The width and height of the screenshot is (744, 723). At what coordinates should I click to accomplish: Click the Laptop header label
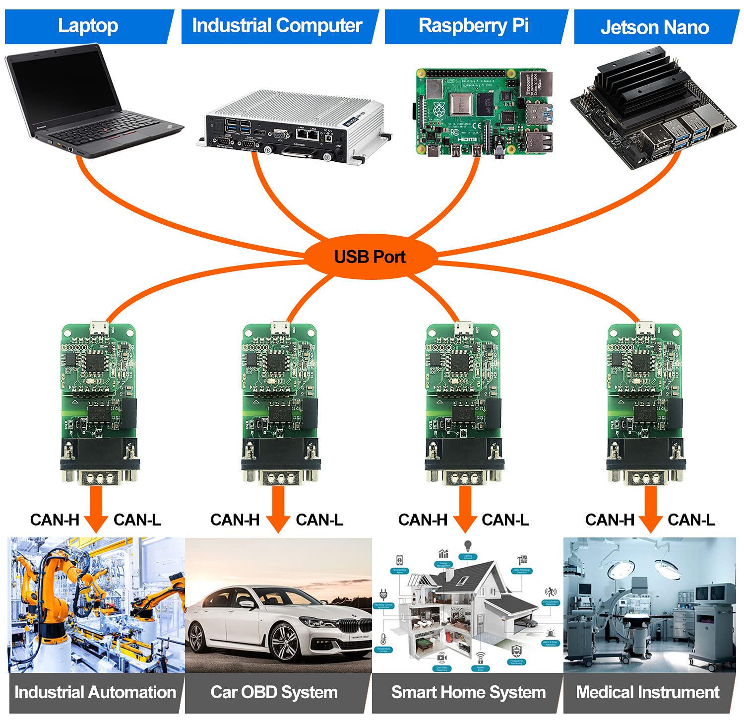(88, 26)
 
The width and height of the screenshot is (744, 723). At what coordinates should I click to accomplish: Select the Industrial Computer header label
(277, 26)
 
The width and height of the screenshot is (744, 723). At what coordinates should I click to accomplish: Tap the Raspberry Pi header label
(473, 26)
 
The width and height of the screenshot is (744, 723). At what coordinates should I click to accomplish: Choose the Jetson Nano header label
(654, 27)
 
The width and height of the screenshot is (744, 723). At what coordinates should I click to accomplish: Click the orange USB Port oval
(370, 257)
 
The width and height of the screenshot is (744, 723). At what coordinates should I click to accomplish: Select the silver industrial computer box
(293, 124)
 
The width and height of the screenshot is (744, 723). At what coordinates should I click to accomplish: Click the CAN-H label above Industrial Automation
(55, 520)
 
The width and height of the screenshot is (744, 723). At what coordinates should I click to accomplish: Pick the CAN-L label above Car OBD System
(319, 520)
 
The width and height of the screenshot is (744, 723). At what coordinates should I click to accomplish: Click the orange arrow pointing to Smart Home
(465, 509)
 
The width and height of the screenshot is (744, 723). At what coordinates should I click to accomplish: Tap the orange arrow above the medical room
(650, 509)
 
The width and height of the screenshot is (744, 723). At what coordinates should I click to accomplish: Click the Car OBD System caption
(274, 692)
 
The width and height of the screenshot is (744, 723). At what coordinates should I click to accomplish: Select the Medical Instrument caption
(647, 692)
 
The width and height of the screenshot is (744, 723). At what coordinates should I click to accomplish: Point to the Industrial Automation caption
(95, 692)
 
